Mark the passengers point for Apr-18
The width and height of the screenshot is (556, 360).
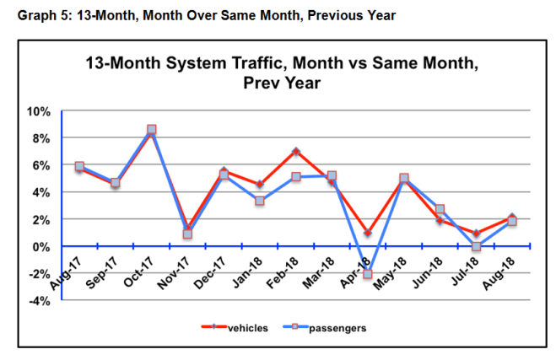point(368,274)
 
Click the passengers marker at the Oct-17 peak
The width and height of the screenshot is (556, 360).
point(151,130)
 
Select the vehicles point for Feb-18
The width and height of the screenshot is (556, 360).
point(295,152)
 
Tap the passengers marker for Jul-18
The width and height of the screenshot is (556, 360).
point(476,247)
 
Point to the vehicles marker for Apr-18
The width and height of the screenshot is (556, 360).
point(368,233)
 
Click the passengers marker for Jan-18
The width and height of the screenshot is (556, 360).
point(260,201)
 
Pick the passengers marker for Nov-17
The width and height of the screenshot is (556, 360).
point(187,234)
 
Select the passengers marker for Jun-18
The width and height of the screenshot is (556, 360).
point(440,209)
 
